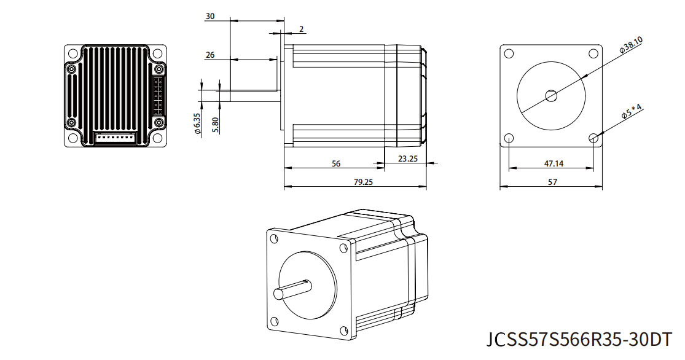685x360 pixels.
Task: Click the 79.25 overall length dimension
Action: (x=363, y=182)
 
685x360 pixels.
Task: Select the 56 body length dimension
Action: (x=336, y=164)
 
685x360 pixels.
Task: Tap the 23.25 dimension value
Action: (x=407, y=158)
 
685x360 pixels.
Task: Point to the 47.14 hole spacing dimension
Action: (x=554, y=164)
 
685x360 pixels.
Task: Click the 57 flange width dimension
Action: (x=552, y=182)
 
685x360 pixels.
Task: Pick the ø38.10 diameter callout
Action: (x=631, y=45)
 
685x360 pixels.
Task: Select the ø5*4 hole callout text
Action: (x=632, y=111)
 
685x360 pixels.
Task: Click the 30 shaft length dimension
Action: (x=210, y=16)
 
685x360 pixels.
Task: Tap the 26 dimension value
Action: (x=210, y=55)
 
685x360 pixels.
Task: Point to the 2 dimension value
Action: (x=302, y=29)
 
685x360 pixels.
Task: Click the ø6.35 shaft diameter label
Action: (x=197, y=123)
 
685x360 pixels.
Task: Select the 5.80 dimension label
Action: (x=215, y=125)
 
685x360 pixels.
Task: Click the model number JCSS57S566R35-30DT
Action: (x=579, y=340)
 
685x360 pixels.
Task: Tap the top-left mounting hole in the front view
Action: (x=509, y=53)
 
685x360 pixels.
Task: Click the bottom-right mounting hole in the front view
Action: (x=593, y=138)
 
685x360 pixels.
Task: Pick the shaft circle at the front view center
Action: (x=551, y=95)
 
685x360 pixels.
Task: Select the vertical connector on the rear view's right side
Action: (x=158, y=96)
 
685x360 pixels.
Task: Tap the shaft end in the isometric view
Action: (x=278, y=294)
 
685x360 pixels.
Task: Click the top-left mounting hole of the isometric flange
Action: (x=274, y=238)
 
